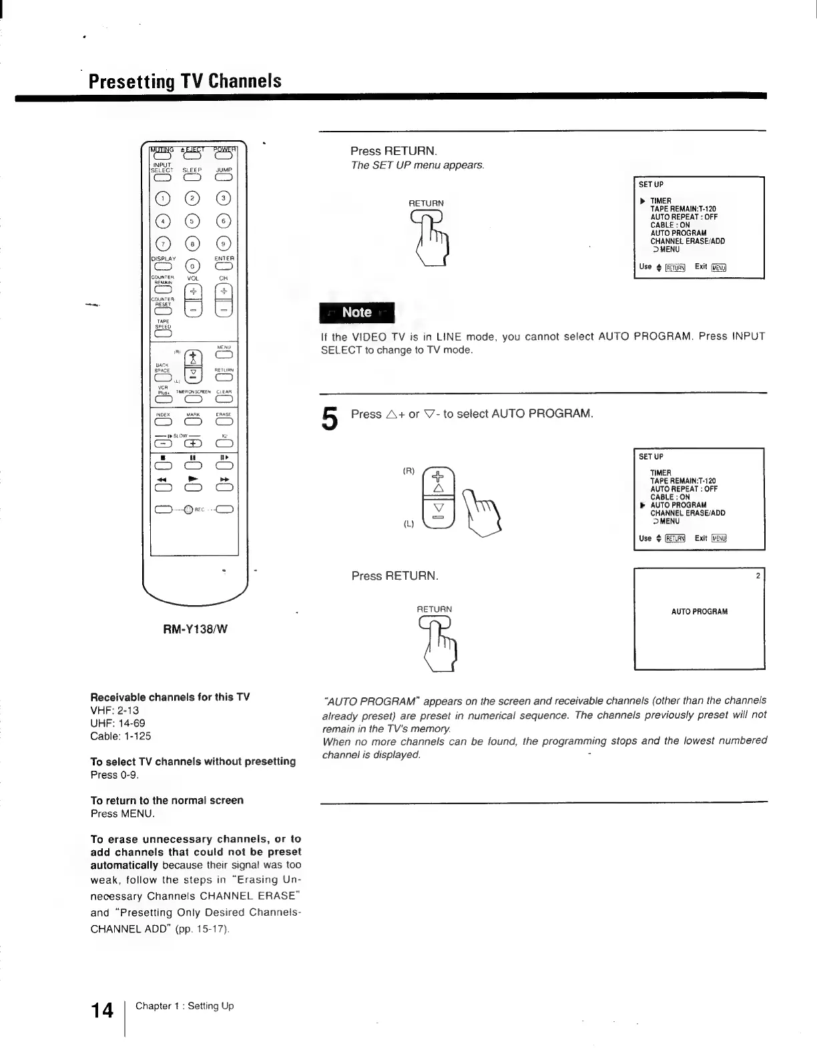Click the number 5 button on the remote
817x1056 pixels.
[x=193, y=222]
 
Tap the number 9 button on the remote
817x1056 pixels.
[x=224, y=244]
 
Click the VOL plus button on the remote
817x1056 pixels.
[x=193, y=292]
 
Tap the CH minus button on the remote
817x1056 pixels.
[x=224, y=311]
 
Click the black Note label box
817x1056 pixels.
[x=357, y=312]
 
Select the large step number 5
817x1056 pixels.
[x=330, y=419]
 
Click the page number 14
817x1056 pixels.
[x=102, y=1011]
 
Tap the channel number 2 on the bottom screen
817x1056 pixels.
[x=758, y=576]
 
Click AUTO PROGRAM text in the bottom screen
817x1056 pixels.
[x=699, y=612]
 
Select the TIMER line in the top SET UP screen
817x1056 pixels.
[x=661, y=200]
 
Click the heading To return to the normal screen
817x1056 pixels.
[x=167, y=800]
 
